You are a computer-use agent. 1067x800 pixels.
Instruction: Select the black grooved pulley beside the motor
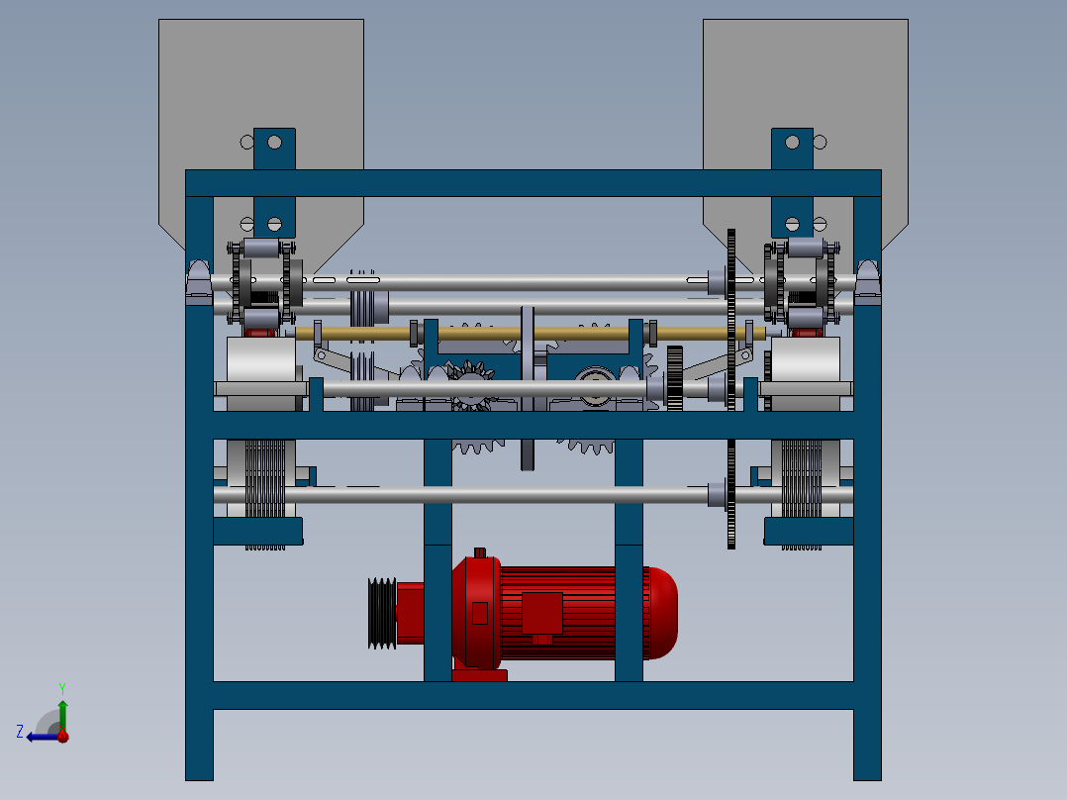point(381,614)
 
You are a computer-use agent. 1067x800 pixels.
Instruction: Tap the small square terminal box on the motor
point(541,612)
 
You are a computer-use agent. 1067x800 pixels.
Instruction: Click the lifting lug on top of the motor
point(480,552)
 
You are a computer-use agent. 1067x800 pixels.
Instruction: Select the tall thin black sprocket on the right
point(731,386)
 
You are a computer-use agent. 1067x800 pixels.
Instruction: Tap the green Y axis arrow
point(62,709)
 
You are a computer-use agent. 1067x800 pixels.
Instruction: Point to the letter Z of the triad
point(20,731)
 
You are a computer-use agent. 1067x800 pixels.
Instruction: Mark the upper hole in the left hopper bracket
point(274,142)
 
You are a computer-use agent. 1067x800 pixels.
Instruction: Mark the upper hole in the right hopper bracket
point(792,142)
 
